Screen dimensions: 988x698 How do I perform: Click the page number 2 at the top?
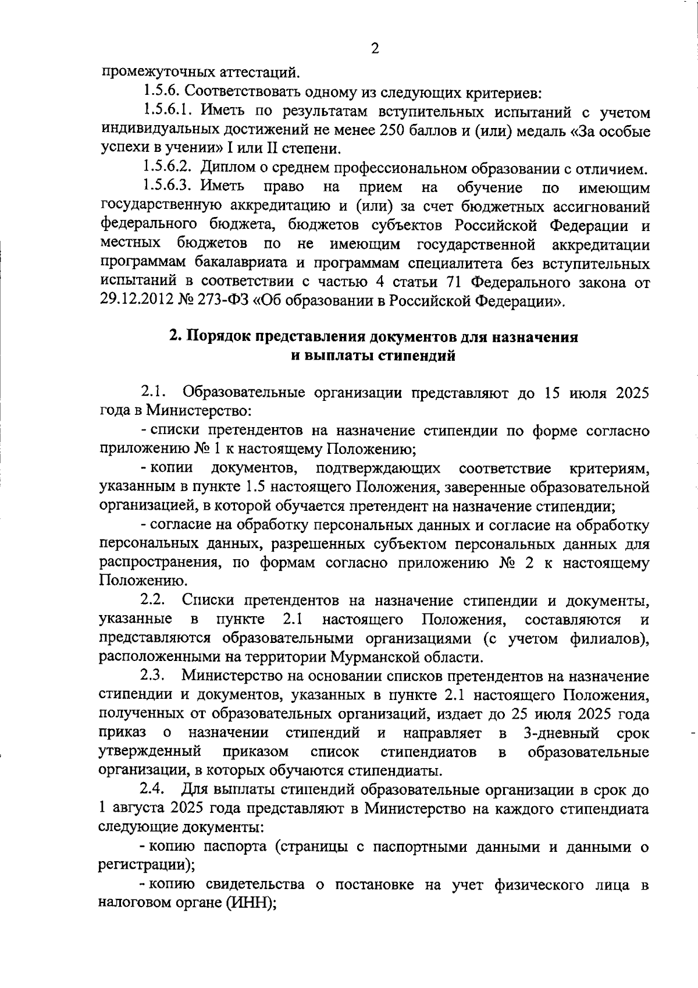pos(375,49)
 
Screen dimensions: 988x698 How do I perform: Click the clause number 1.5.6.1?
pos(172,111)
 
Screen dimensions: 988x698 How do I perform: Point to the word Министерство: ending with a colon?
pos(198,411)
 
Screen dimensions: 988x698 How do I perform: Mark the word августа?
pos(137,808)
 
